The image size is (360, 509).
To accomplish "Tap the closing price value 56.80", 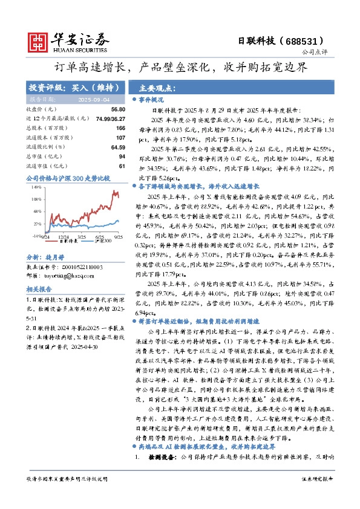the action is (118, 109).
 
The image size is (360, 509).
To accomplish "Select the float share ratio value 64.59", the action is (118, 147).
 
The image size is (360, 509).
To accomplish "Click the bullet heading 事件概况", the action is (151, 98).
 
